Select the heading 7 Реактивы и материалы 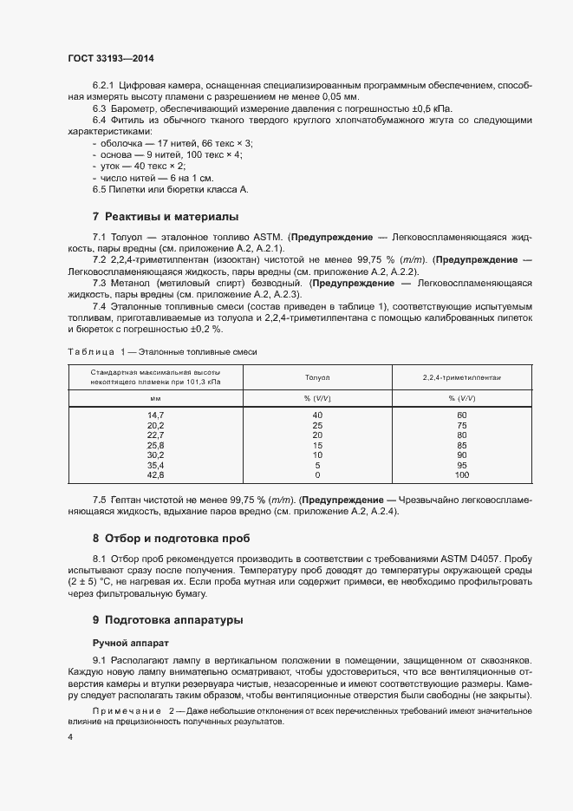[165, 216]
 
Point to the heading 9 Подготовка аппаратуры [167, 620]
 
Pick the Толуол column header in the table [317, 378]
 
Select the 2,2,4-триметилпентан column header [462, 378]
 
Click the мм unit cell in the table [156, 398]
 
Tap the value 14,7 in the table [156, 415]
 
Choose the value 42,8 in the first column [156, 475]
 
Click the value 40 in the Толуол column [317, 415]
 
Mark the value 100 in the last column [462, 475]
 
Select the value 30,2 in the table [156, 455]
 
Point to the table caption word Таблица [91, 351]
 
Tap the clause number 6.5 [100, 188]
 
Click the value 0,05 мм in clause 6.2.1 [323, 98]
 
